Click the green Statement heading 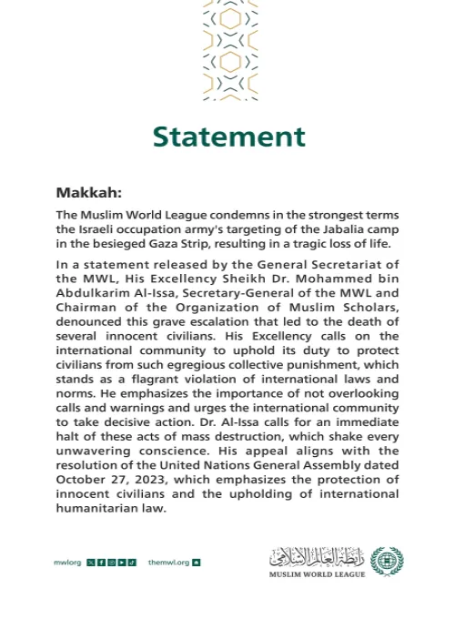pyautogui.click(x=228, y=137)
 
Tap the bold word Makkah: pyautogui.click(x=88, y=192)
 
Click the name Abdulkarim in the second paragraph pyautogui.click(x=91, y=293)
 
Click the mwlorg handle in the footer pyautogui.click(x=67, y=563)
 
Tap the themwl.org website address pyautogui.click(x=168, y=563)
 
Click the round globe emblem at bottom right pyautogui.click(x=387, y=562)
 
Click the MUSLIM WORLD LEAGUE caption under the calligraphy pyautogui.click(x=317, y=574)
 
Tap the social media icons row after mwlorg pyautogui.click(x=111, y=563)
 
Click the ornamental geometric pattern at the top pyautogui.click(x=229, y=50)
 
